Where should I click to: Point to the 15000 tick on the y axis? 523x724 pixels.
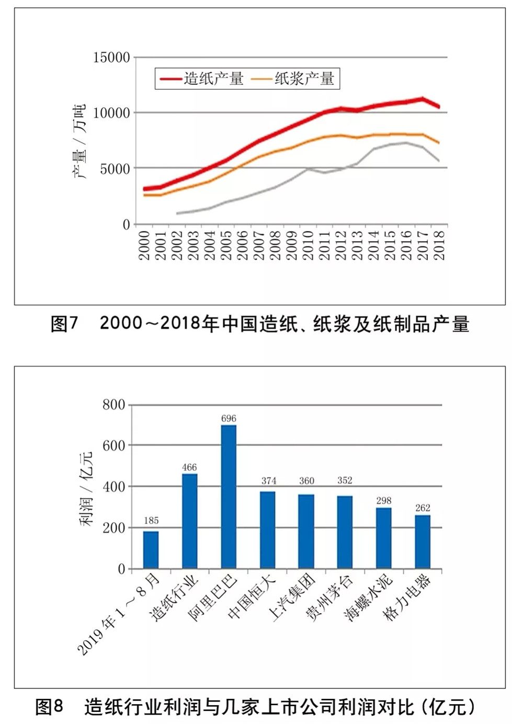111,57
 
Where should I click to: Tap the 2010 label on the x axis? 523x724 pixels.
309,245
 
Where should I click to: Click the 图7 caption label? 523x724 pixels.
64,324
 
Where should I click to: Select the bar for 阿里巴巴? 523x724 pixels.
229,496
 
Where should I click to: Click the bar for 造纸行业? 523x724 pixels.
190,521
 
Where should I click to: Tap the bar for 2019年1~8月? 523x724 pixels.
151,549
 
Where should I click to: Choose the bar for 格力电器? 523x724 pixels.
423,542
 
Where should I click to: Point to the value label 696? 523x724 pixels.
229,418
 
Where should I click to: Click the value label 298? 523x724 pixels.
384,500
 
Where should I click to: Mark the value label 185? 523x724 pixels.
151,520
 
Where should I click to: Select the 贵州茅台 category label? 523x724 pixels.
329,596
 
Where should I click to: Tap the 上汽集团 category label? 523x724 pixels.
292,596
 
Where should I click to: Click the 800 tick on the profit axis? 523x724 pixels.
113,405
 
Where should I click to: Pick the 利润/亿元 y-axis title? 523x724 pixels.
85,488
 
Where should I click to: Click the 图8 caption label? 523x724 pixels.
49,707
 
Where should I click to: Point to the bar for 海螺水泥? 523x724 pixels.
384,538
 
